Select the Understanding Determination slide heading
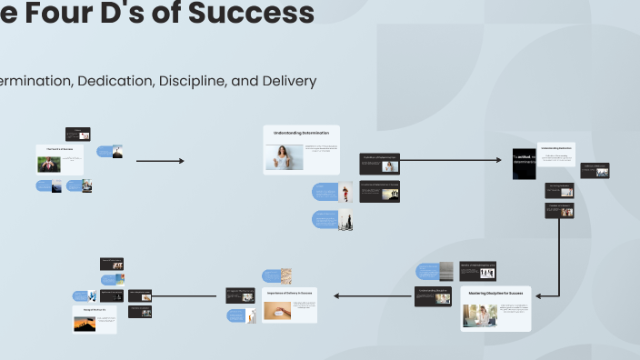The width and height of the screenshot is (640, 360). point(302,133)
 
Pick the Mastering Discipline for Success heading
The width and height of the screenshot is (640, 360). point(495,294)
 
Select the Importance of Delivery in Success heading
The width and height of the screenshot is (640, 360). point(290,293)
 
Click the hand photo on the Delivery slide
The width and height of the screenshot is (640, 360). point(277,311)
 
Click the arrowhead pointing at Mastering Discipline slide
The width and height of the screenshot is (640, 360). point(539,295)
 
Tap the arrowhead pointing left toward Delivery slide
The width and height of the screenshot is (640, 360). point(337,295)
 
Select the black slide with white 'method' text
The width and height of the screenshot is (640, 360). point(524,163)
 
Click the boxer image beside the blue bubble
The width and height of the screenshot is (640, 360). point(345,192)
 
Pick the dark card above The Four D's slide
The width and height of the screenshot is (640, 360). point(77,134)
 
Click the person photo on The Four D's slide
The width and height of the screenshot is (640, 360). point(49,165)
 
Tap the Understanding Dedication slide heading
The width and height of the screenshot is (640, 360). point(555,147)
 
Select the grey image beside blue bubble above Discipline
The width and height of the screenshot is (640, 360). point(446,271)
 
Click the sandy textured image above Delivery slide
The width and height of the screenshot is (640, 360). point(285,275)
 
